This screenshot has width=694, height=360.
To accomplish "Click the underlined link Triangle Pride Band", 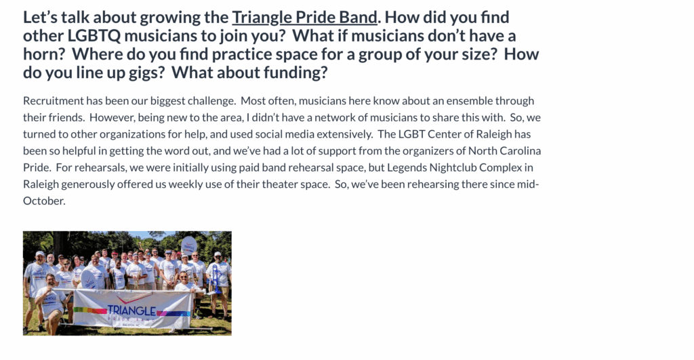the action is click(304, 17).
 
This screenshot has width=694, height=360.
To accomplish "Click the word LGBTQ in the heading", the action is click(94, 35).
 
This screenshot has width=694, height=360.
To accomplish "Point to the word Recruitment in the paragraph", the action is click(53, 101).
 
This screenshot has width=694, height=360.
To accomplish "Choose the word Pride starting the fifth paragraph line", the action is click(37, 168).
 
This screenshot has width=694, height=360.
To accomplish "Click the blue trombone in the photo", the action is click(216, 278).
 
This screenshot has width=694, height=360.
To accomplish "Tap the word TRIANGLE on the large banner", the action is click(131, 311).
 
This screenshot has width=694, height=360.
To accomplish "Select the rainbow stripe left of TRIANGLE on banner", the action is click(90, 311).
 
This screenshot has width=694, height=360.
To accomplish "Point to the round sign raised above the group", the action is click(188, 245).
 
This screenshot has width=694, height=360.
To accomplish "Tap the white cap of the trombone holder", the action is click(218, 255).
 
